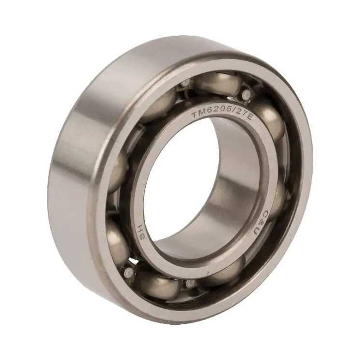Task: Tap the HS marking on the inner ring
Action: [x=142, y=230]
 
